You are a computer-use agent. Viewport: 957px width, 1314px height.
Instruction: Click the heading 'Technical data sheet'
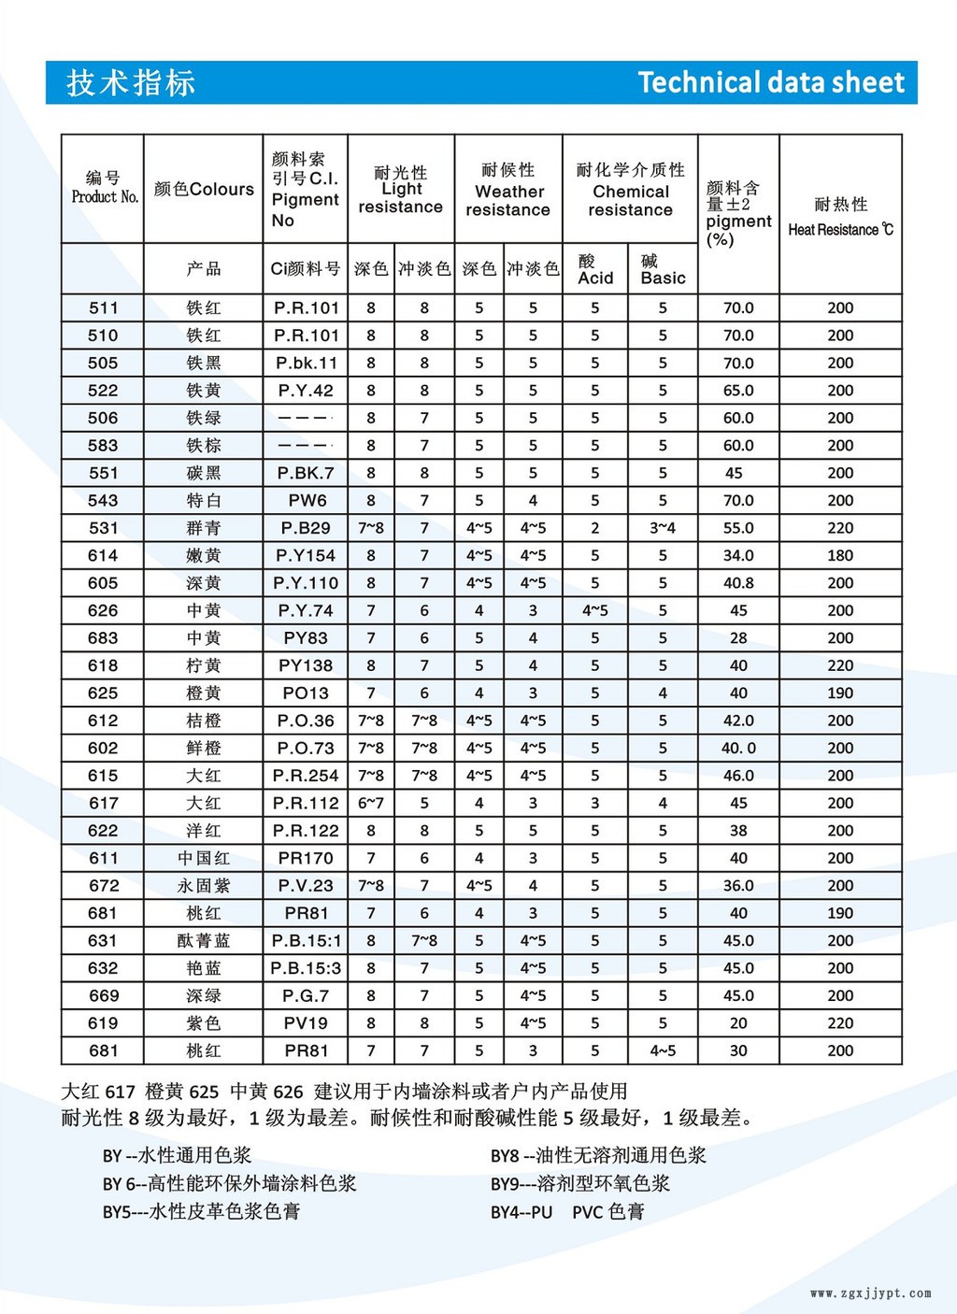coord(771,82)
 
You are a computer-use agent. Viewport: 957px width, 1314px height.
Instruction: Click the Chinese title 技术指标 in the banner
coord(131,82)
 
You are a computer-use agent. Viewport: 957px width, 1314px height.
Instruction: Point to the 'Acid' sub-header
coord(595,278)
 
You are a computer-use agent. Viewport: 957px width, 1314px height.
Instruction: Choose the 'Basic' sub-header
coord(663,278)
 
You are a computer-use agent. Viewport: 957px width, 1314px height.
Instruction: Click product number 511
coord(103,307)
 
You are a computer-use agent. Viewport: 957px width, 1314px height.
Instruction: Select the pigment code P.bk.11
coord(307,363)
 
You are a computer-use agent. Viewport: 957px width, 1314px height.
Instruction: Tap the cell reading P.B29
coord(307,528)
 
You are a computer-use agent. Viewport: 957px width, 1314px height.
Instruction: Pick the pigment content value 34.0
coord(738,555)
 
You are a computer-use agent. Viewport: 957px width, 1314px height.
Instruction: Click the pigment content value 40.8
coord(738,583)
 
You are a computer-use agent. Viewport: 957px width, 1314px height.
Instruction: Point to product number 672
coord(103,885)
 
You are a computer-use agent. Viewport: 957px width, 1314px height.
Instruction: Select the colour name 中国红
coord(204,858)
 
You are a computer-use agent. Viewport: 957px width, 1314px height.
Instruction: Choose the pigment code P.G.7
coord(307,995)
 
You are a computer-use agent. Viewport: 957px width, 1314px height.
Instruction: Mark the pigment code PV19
coord(307,1023)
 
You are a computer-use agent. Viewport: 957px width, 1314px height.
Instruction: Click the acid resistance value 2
coord(595,528)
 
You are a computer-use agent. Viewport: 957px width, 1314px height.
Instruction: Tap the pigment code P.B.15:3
coord(307,968)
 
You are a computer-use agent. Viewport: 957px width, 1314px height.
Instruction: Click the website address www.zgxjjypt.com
coord(870,1293)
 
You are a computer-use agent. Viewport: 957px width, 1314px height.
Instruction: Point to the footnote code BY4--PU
coord(521,1212)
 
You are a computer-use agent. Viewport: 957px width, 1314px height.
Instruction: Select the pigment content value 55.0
coord(738,528)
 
